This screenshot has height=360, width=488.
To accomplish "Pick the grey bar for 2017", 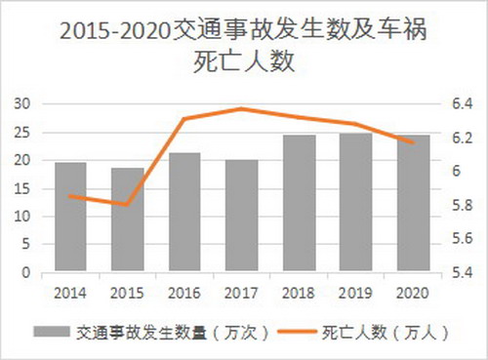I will [x=241, y=216].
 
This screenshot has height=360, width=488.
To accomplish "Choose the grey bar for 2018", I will [x=299, y=204].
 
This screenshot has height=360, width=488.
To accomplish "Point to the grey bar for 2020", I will [x=413, y=204].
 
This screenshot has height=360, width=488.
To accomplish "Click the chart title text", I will [x=243, y=46].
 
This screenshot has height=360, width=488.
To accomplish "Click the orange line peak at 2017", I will [x=241, y=108].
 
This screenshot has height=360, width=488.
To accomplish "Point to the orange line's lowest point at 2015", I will [x=127, y=205].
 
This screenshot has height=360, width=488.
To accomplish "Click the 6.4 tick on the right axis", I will [x=462, y=103].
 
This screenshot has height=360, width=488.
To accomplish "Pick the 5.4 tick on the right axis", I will [x=462, y=273].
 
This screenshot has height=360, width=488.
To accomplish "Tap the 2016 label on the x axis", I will [x=184, y=291].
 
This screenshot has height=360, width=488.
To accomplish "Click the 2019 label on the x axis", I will [x=356, y=291].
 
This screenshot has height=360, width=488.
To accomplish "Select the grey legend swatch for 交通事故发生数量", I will [x=54, y=332].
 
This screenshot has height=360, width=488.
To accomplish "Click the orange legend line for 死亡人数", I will [x=294, y=332].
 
